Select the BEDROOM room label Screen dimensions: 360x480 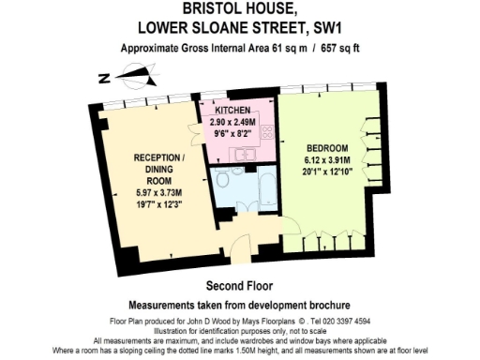click(327, 148)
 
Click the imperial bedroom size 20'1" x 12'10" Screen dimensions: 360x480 click(327, 172)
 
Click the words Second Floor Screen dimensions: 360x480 click(239, 285)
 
